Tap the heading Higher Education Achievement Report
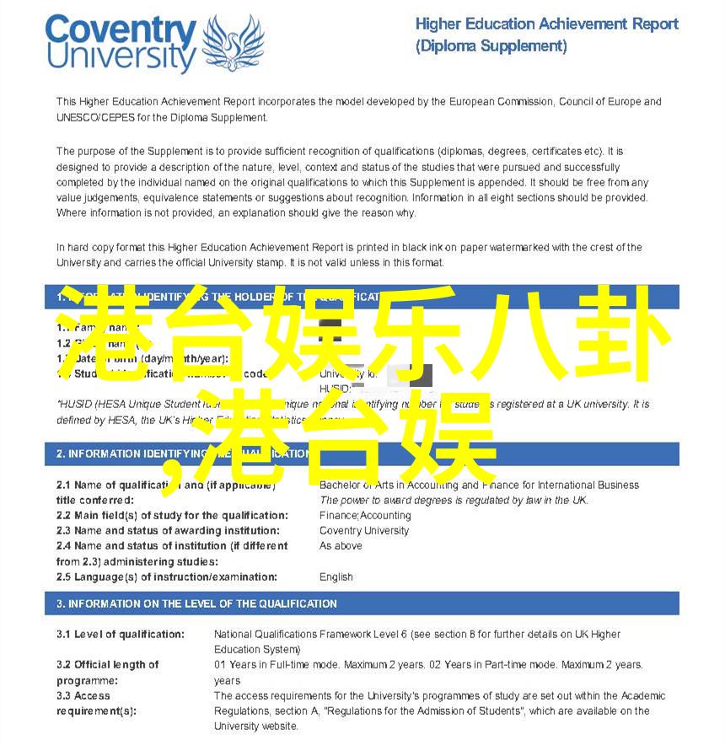click(x=546, y=24)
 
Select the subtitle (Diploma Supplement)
click(x=491, y=46)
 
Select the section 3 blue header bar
click(x=362, y=604)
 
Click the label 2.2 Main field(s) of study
click(x=172, y=515)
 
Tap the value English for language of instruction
click(x=336, y=577)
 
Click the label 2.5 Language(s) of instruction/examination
click(x=167, y=577)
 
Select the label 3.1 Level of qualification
click(x=121, y=634)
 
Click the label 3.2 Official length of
click(x=108, y=664)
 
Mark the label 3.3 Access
click(x=83, y=695)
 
